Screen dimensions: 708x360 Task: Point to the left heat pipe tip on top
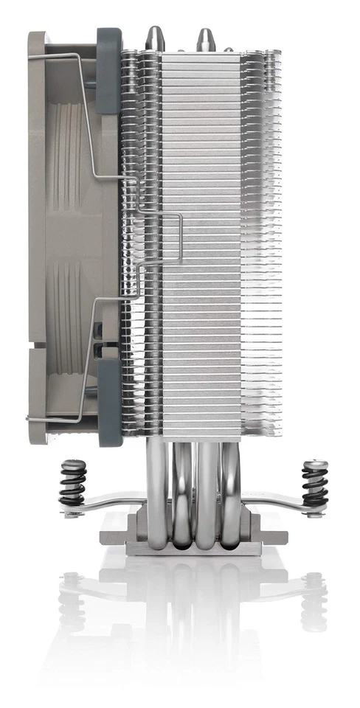pos(156,37)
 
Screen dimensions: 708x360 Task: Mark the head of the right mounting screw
pos(314,464)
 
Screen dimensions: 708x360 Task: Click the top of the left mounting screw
pos(72,462)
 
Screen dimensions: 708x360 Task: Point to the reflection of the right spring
pos(314,597)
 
